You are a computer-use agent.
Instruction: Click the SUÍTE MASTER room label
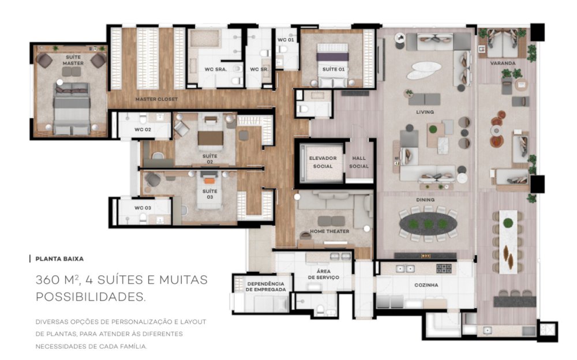(73, 60)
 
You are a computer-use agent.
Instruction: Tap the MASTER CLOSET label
(156, 99)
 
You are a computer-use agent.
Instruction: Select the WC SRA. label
(216, 69)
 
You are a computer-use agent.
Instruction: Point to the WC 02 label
(143, 130)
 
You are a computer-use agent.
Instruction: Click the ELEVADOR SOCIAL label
(323, 162)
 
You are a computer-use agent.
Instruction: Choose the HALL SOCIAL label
(359, 162)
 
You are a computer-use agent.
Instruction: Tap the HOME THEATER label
(329, 231)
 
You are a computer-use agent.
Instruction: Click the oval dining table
(428, 223)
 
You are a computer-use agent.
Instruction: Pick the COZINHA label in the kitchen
(426, 285)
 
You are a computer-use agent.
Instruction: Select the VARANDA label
(503, 63)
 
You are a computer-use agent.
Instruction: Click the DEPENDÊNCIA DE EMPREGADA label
(266, 287)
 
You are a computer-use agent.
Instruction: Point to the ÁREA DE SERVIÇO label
(324, 274)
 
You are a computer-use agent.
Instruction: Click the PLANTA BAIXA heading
(59, 259)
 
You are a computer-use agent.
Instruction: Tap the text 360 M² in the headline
(57, 279)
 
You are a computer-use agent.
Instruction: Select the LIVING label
(425, 112)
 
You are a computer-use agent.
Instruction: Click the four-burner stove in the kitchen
(444, 268)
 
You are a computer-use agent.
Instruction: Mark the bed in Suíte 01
(333, 65)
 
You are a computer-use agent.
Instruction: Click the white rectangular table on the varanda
(508, 242)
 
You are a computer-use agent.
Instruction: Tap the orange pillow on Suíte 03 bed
(209, 181)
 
